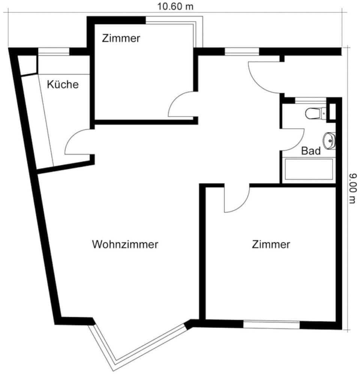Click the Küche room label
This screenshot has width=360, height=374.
point(63,85)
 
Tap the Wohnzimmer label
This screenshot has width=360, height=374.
point(125,245)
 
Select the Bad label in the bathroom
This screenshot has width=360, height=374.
point(311,151)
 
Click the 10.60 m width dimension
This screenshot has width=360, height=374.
point(175,6)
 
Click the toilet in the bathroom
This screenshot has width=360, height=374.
point(314,113)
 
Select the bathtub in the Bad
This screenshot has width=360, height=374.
point(309,169)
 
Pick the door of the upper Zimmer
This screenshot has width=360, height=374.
point(180,105)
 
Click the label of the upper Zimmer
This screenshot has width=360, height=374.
point(121,38)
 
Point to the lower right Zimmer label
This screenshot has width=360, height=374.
point(271,245)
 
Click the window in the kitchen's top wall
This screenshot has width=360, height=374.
point(54,52)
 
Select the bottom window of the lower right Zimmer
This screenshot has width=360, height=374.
point(271,325)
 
